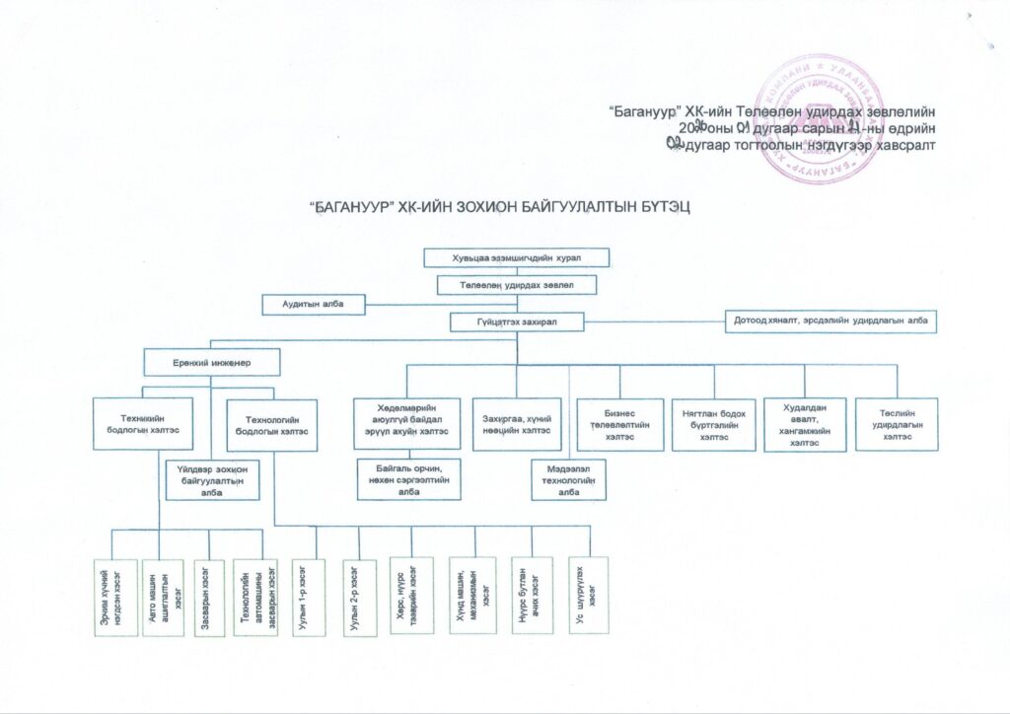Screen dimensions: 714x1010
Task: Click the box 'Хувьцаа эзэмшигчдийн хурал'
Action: coord(517,258)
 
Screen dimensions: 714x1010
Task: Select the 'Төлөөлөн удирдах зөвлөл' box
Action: coord(517,284)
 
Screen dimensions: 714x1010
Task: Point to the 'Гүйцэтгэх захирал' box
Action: coord(517,321)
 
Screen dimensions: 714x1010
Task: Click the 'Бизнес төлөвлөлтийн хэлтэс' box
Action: coord(619,424)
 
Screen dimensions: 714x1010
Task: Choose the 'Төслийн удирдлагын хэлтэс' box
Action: coord(897,424)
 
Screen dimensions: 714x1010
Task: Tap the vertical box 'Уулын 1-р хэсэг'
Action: coord(306,595)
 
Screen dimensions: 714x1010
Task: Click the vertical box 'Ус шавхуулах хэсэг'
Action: coord(589,595)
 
